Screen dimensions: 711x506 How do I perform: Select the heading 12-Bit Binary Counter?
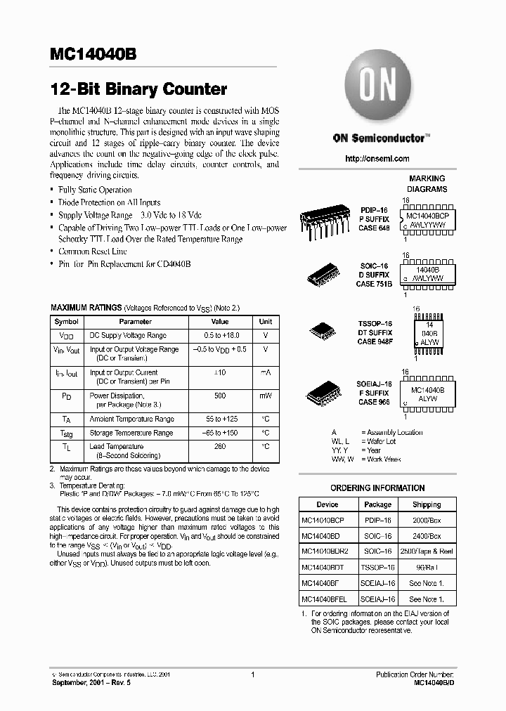pyautogui.click(x=138, y=90)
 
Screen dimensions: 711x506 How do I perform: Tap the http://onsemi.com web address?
pyautogui.click(x=377, y=159)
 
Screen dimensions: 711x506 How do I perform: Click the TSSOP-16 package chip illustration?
pyautogui.click(x=323, y=332)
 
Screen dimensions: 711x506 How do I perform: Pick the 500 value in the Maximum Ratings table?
pyautogui.click(x=220, y=396)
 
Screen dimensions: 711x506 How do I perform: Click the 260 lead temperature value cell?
pyautogui.click(x=220, y=446)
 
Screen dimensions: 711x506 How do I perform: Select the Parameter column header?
pyautogui.click(x=135, y=321)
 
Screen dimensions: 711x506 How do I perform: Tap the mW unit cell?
pyautogui.click(x=265, y=396)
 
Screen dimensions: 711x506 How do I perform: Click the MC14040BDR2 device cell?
pyautogui.click(x=327, y=552)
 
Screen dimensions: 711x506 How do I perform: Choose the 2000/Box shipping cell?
pyautogui.click(x=426, y=521)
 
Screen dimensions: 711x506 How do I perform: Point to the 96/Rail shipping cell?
pyautogui.click(x=426, y=567)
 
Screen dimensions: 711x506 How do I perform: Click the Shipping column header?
pyautogui.click(x=426, y=504)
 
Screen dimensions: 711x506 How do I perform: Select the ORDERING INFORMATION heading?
pyautogui.click(x=377, y=488)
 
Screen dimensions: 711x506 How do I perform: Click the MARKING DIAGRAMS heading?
pyautogui.click(x=427, y=184)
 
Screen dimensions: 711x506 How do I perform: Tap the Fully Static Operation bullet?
pyautogui.click(x=95, y=190)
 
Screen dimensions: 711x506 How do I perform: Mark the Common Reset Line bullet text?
pyautogui.click(x=92, y=251)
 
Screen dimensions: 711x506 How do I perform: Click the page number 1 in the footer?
pyautogui.click(x=252, y=674)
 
